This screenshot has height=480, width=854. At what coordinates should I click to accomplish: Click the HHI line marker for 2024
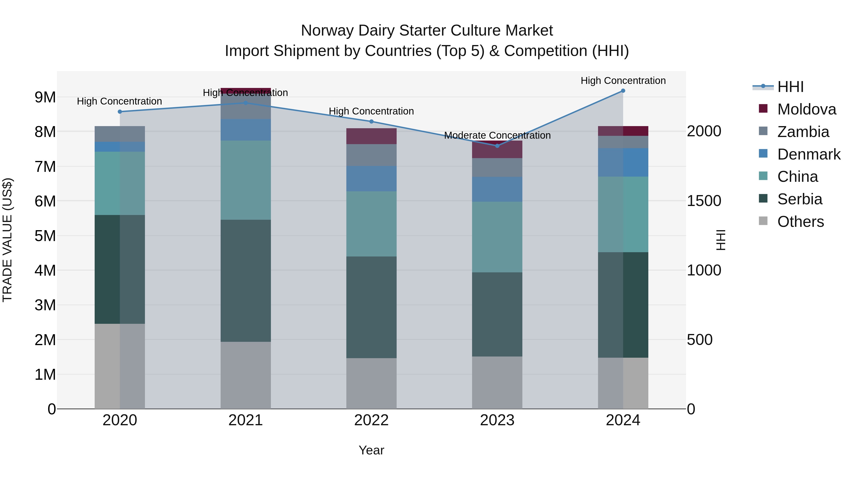[x=623, y=91]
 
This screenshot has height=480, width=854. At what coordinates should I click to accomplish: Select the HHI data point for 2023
[x=497, y=146]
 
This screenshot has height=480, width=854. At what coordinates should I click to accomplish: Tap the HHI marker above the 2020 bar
[x=120, y=112]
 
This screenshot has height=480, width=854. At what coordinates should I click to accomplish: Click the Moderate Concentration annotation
[x=497, y=136]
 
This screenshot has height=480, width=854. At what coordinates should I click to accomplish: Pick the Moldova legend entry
[x=806, y=109]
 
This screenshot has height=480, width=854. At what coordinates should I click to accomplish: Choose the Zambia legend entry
[x=803, y=132]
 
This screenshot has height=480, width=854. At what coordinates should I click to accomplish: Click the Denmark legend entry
[x=809, y=154]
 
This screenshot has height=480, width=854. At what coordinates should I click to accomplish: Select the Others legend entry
[x=800, y=222]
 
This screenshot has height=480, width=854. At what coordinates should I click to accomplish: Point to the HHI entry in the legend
[x=790, y=87]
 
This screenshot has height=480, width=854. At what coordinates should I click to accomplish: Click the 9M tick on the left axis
[x=45, y=97]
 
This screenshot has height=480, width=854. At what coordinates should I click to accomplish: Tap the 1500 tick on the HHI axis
[x=704, y=201]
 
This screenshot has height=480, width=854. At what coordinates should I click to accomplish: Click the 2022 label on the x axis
[x=371, y=420]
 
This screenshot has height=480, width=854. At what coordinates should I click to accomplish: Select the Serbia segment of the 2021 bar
[x=246, y=281]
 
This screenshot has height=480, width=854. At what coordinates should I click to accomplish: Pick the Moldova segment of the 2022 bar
[x=371, y=136]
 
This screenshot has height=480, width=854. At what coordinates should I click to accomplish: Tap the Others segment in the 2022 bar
[x=371, y=383]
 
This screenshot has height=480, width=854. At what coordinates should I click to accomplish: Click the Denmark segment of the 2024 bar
[x=623, y=162]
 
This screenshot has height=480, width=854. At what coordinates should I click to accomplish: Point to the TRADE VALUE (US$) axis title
[x=7, y=240]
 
